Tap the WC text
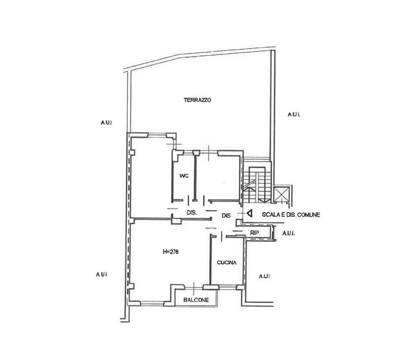(x=184, y=175)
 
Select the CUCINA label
(x=226, y=262)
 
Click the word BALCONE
(x=196, y=300)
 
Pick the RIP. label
(x=255, y=233)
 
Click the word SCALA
(x=271, y=214)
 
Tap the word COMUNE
(x=308, y=214)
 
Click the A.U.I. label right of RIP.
(x=288, y=234)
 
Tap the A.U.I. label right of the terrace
(x=294, y=114)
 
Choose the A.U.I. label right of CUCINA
(x=264, y=276)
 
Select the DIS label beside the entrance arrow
(x=226, y=216)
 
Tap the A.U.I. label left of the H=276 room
(x=101, y=274)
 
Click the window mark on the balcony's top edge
(x=194, y=287)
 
